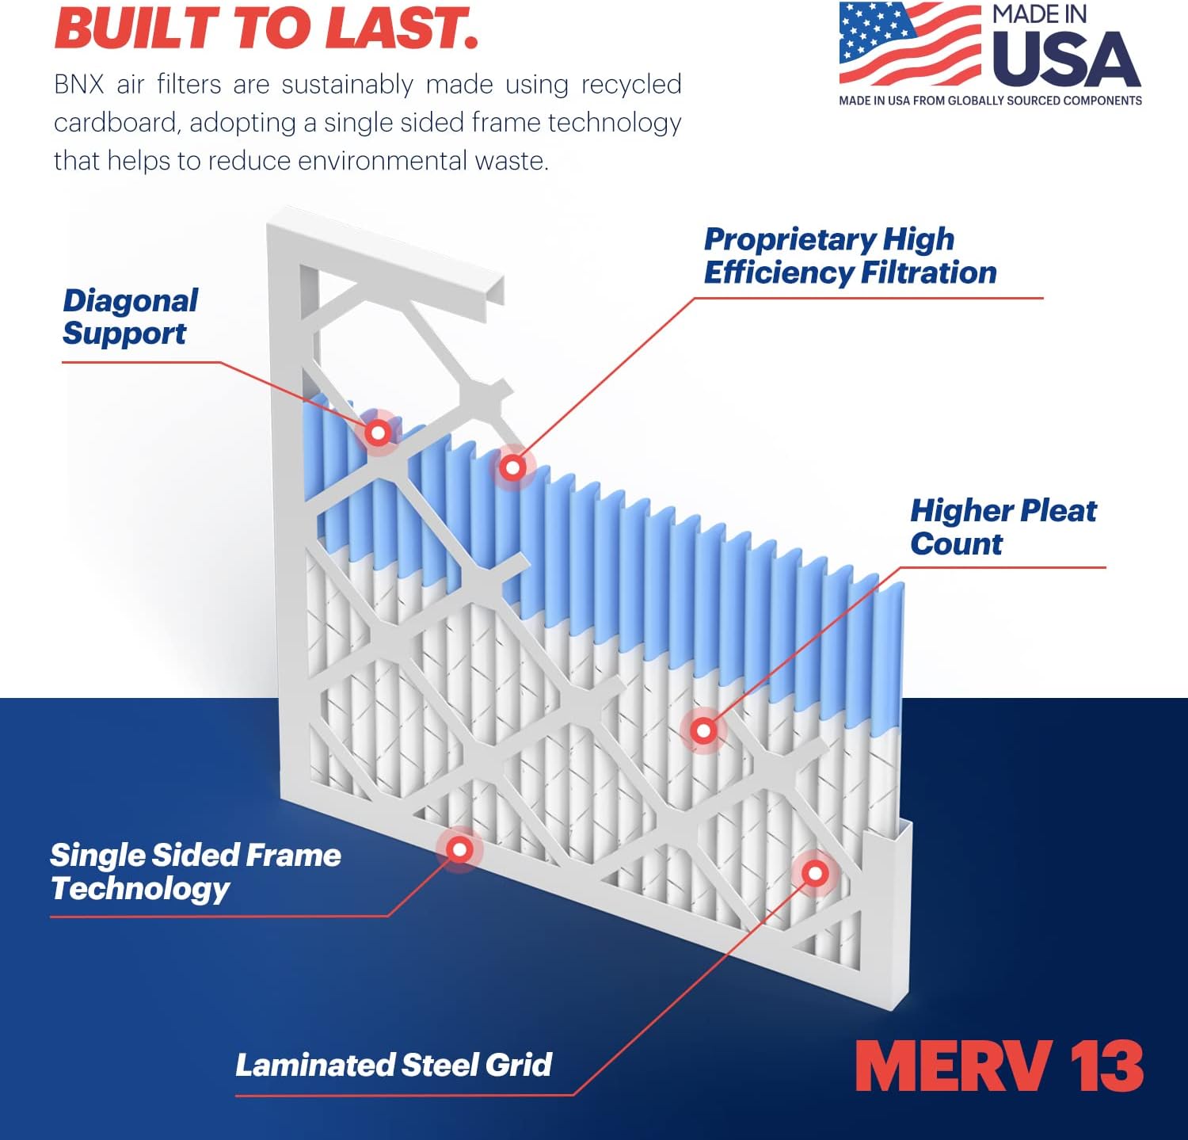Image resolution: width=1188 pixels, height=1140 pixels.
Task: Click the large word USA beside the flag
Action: pyautogui.click(x=1065, y=60)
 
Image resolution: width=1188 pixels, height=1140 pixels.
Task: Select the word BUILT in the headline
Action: pyautogui.click(x=135, y=29)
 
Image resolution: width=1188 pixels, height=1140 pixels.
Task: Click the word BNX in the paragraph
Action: pyautogui.click(x=79, y=85)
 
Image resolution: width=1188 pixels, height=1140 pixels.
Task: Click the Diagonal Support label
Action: pyautogui.click(x=130, y=317)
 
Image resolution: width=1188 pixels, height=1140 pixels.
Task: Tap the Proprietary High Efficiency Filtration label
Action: pyautogui.click(x=849, y=256)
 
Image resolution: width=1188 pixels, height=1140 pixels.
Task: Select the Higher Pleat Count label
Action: pyautogui.click(x=1003, y=527)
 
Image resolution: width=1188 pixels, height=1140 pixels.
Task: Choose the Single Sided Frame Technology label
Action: pyautogui.click(x=195, y=871)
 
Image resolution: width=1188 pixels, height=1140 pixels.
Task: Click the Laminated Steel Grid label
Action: pyautogui.click(x=394, y=1066)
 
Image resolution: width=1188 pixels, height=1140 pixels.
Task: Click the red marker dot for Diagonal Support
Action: pyautogui.click(x=378, y=433)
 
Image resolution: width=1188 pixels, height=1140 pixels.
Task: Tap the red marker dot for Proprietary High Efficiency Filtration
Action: pyautogui.click(x=512, y=467)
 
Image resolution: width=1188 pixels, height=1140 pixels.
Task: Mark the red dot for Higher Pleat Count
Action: pyautogui.click(x=703, y=730)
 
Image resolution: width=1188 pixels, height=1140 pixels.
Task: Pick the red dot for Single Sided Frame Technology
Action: pyautogui.click(x=459, y=849)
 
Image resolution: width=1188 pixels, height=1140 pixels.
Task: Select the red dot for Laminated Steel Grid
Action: pyautogui.click(x=815, y=874)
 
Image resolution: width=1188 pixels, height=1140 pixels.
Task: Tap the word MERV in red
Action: pyautogui.click(x=954, y=1066)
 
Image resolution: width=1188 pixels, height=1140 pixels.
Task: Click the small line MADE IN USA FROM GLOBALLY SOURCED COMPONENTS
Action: pyautogui.click(x=990, y=101)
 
